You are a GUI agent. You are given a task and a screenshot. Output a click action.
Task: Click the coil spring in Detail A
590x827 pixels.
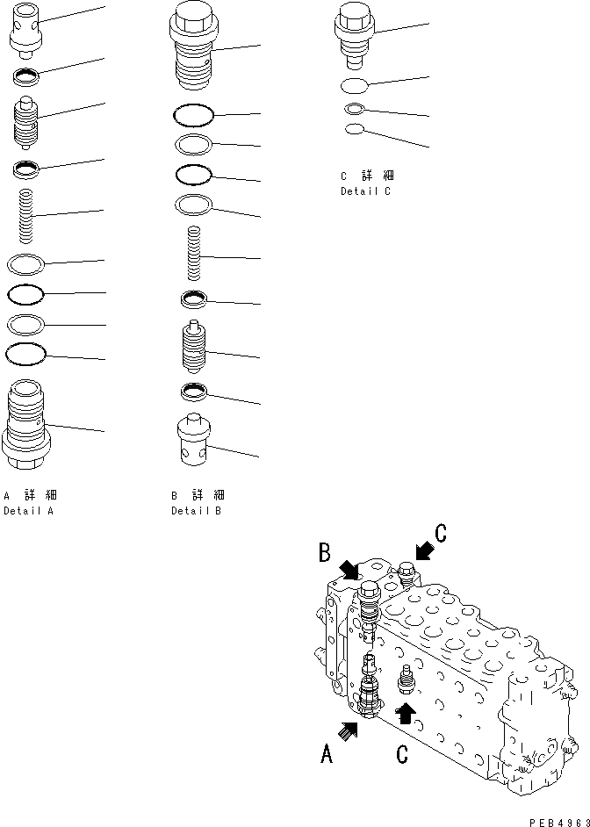point(27,216)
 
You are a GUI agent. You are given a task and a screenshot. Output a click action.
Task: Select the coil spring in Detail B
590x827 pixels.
point(195,254)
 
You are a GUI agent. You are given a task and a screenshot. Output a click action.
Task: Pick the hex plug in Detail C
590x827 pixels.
point(355,36)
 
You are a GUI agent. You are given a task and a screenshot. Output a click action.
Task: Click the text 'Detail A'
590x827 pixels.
point(28,510)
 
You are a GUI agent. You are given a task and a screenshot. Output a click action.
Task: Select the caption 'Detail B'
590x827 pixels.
point(197,510)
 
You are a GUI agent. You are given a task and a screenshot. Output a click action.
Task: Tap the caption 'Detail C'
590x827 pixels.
point(365,191)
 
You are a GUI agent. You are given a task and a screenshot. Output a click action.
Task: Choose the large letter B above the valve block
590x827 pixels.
point(324,552)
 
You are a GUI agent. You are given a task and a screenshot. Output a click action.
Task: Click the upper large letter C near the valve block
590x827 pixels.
point(441,532)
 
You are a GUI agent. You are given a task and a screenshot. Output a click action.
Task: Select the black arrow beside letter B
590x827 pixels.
point(349,572)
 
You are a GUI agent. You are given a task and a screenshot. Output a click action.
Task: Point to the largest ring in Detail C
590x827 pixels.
point(355,86)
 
